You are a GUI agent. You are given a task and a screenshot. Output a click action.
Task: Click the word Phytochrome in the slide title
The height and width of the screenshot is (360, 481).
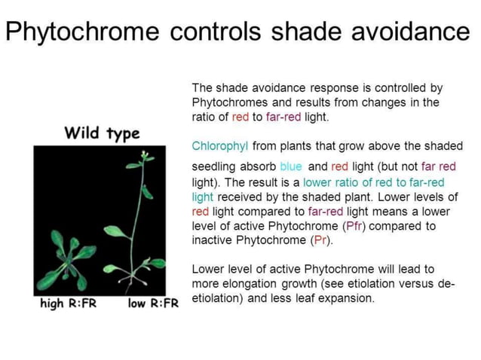pyautogui.click(x=84, y=32)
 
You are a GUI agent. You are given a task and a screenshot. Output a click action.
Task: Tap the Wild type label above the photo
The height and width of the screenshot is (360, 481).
pyautogui.click(x=102, y=134)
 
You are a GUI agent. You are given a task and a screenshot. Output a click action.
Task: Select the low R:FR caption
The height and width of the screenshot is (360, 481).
pyautogui.click(x=153, y=304)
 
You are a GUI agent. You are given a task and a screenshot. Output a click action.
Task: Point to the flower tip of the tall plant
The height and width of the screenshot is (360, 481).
pyautogui.click(x=143, y=155)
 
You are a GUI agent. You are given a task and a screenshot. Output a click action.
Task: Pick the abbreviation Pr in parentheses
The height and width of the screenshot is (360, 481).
pyautogui.click(x=319, y=240)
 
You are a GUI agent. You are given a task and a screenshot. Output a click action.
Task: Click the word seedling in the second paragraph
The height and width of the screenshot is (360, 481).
pyautogui.click(x=215, y=166)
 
